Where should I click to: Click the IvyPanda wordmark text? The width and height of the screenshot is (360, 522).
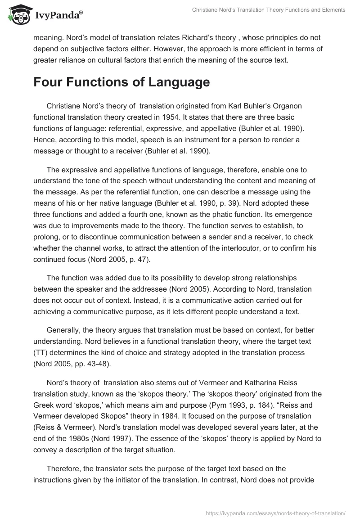click(58, 16)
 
